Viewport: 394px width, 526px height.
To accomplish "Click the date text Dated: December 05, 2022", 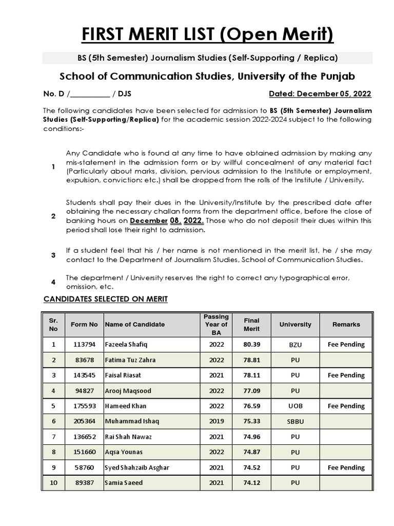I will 320,94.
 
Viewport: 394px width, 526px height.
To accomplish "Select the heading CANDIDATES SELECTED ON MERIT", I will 105,299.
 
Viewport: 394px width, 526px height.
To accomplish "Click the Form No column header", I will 84,324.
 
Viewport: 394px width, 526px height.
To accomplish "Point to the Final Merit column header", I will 251,324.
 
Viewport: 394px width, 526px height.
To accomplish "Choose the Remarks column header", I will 346,324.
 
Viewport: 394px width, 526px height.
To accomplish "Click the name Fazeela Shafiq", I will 126,345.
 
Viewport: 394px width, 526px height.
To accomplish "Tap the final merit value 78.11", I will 251,375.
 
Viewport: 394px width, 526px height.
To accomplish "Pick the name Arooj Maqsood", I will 128,391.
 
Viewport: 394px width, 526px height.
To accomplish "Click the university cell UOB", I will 295,406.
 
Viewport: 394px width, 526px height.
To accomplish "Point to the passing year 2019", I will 216,421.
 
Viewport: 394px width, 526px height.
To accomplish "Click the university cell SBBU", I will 295,421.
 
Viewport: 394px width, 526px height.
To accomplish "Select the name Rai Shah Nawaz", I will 128,437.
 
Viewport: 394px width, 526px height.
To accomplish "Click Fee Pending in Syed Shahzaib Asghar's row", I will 346,467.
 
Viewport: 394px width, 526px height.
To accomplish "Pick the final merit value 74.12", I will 251,483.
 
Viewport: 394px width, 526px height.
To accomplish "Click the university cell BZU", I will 295,345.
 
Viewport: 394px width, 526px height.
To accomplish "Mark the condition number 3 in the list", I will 53,255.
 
